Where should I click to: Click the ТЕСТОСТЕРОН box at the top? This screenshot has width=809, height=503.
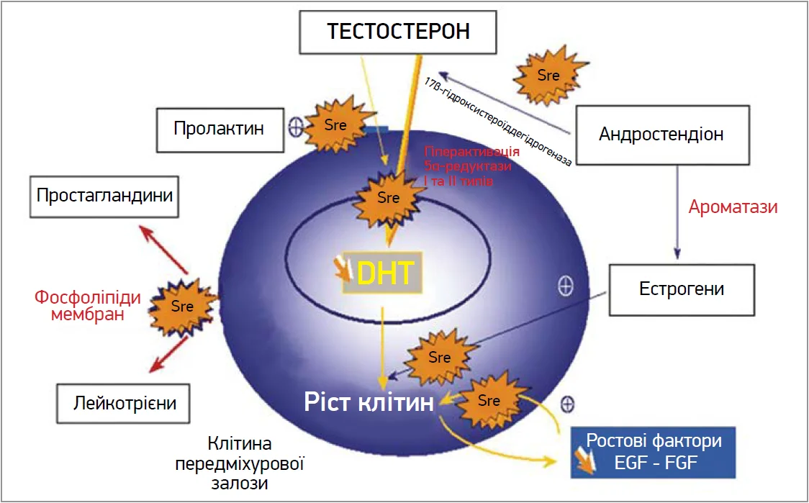[x=398, y=32]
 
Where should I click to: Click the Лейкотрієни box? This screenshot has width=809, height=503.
[x=125, y=402]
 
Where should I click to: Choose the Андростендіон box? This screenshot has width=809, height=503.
[x=661, y=134]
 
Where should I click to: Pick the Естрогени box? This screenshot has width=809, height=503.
[x=682, y=289]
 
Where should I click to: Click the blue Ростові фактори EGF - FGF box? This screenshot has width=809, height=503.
[x=653, y=451]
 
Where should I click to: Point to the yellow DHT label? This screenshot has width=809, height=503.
[x=384, y=273]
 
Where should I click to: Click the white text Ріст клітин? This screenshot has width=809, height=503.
[x=367, y=402]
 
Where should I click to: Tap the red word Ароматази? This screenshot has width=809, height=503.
[x=733, y=207]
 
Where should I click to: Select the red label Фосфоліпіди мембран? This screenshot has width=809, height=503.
[x=87, y=305]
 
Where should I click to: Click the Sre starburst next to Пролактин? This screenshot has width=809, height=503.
[x=335, y=126]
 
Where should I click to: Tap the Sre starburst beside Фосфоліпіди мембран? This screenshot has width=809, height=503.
[x=182, y=307]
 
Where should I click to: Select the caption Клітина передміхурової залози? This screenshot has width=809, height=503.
[x=240, y=463]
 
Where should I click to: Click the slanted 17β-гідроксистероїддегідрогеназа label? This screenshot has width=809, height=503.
[x=497, y=121]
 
